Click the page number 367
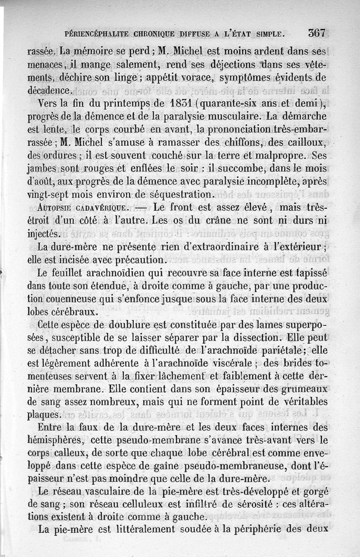pyautogui.click(x=317, y=33)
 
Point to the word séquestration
pyautogui.click(x=182, y=195)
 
